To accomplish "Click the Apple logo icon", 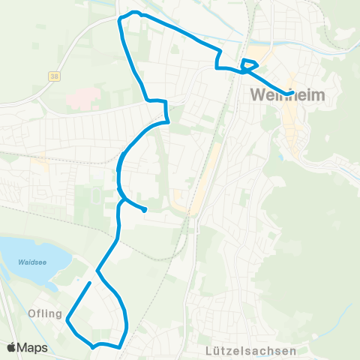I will click(x=12, y=348).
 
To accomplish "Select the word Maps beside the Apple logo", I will click(x=32, y=348).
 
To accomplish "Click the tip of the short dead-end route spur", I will click(x=144, y=211).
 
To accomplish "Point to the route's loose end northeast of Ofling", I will click(x=90, y=283).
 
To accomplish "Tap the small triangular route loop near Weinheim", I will click(x=249, y=65).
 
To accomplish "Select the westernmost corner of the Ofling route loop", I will click(x=67, y=321).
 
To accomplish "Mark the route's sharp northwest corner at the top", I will click(x=120, y=20).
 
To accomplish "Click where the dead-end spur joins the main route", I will click(x=121, y=200).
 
